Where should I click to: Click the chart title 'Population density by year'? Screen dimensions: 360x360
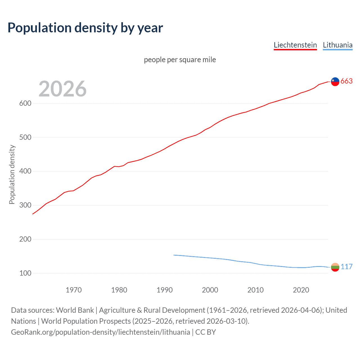[x=85, y=28]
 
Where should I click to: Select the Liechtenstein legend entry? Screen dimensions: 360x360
[x=295, y=45]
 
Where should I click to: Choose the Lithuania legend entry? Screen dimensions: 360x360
[x=337, y=45]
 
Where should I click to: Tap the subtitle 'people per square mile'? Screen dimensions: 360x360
[x=180, y=60]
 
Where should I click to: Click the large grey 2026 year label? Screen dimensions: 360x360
[x=62, y=89]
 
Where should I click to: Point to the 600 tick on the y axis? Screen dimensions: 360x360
[x=25, y=103]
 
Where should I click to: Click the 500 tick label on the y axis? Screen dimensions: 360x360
[x=25, y=138]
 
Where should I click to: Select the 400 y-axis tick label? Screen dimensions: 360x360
[x=25, y=171]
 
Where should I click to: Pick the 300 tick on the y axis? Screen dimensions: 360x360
[x=25, y=205]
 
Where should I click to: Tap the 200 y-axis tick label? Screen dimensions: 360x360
[x=25, y=239]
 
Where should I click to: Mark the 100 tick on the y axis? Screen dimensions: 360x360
[x=25, y=273]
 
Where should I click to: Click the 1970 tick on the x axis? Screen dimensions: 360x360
[x=74, y=290]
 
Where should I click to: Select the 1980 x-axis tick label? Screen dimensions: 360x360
[x=119, y=290]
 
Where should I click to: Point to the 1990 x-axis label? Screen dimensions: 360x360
[x=165, y=290]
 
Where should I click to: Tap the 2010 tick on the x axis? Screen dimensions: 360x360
[x=255, y=290]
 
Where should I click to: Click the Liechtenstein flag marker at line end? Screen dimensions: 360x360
[x=335, y=82]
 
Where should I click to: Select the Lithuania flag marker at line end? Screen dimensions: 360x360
[x=335, y=267]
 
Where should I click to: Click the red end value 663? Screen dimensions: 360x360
[x=346, y=81]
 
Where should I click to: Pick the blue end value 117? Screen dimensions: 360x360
[x=346, y=267]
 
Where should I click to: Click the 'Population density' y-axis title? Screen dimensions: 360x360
[x=12, y=174]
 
